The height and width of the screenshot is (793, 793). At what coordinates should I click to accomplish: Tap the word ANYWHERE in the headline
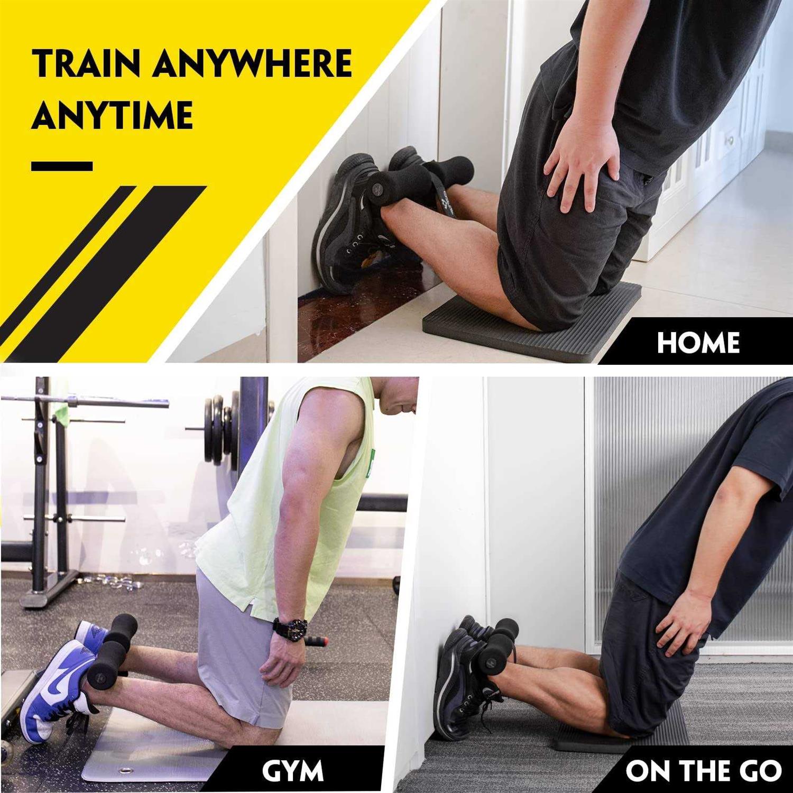[253, 63]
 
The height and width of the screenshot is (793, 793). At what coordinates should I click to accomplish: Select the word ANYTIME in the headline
[112, 115]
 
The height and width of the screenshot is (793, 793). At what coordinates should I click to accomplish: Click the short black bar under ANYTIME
[62, 166]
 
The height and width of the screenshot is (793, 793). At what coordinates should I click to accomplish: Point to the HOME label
[698, 343]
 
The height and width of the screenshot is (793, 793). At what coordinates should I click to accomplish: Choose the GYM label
[292, 771]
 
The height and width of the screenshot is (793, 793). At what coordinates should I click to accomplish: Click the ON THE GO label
[703, 771]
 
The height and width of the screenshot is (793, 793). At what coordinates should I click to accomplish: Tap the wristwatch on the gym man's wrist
[290, 629]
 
